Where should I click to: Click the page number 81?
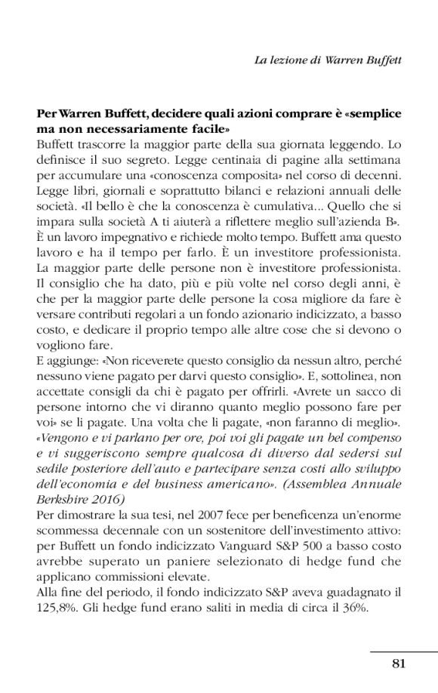399,664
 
